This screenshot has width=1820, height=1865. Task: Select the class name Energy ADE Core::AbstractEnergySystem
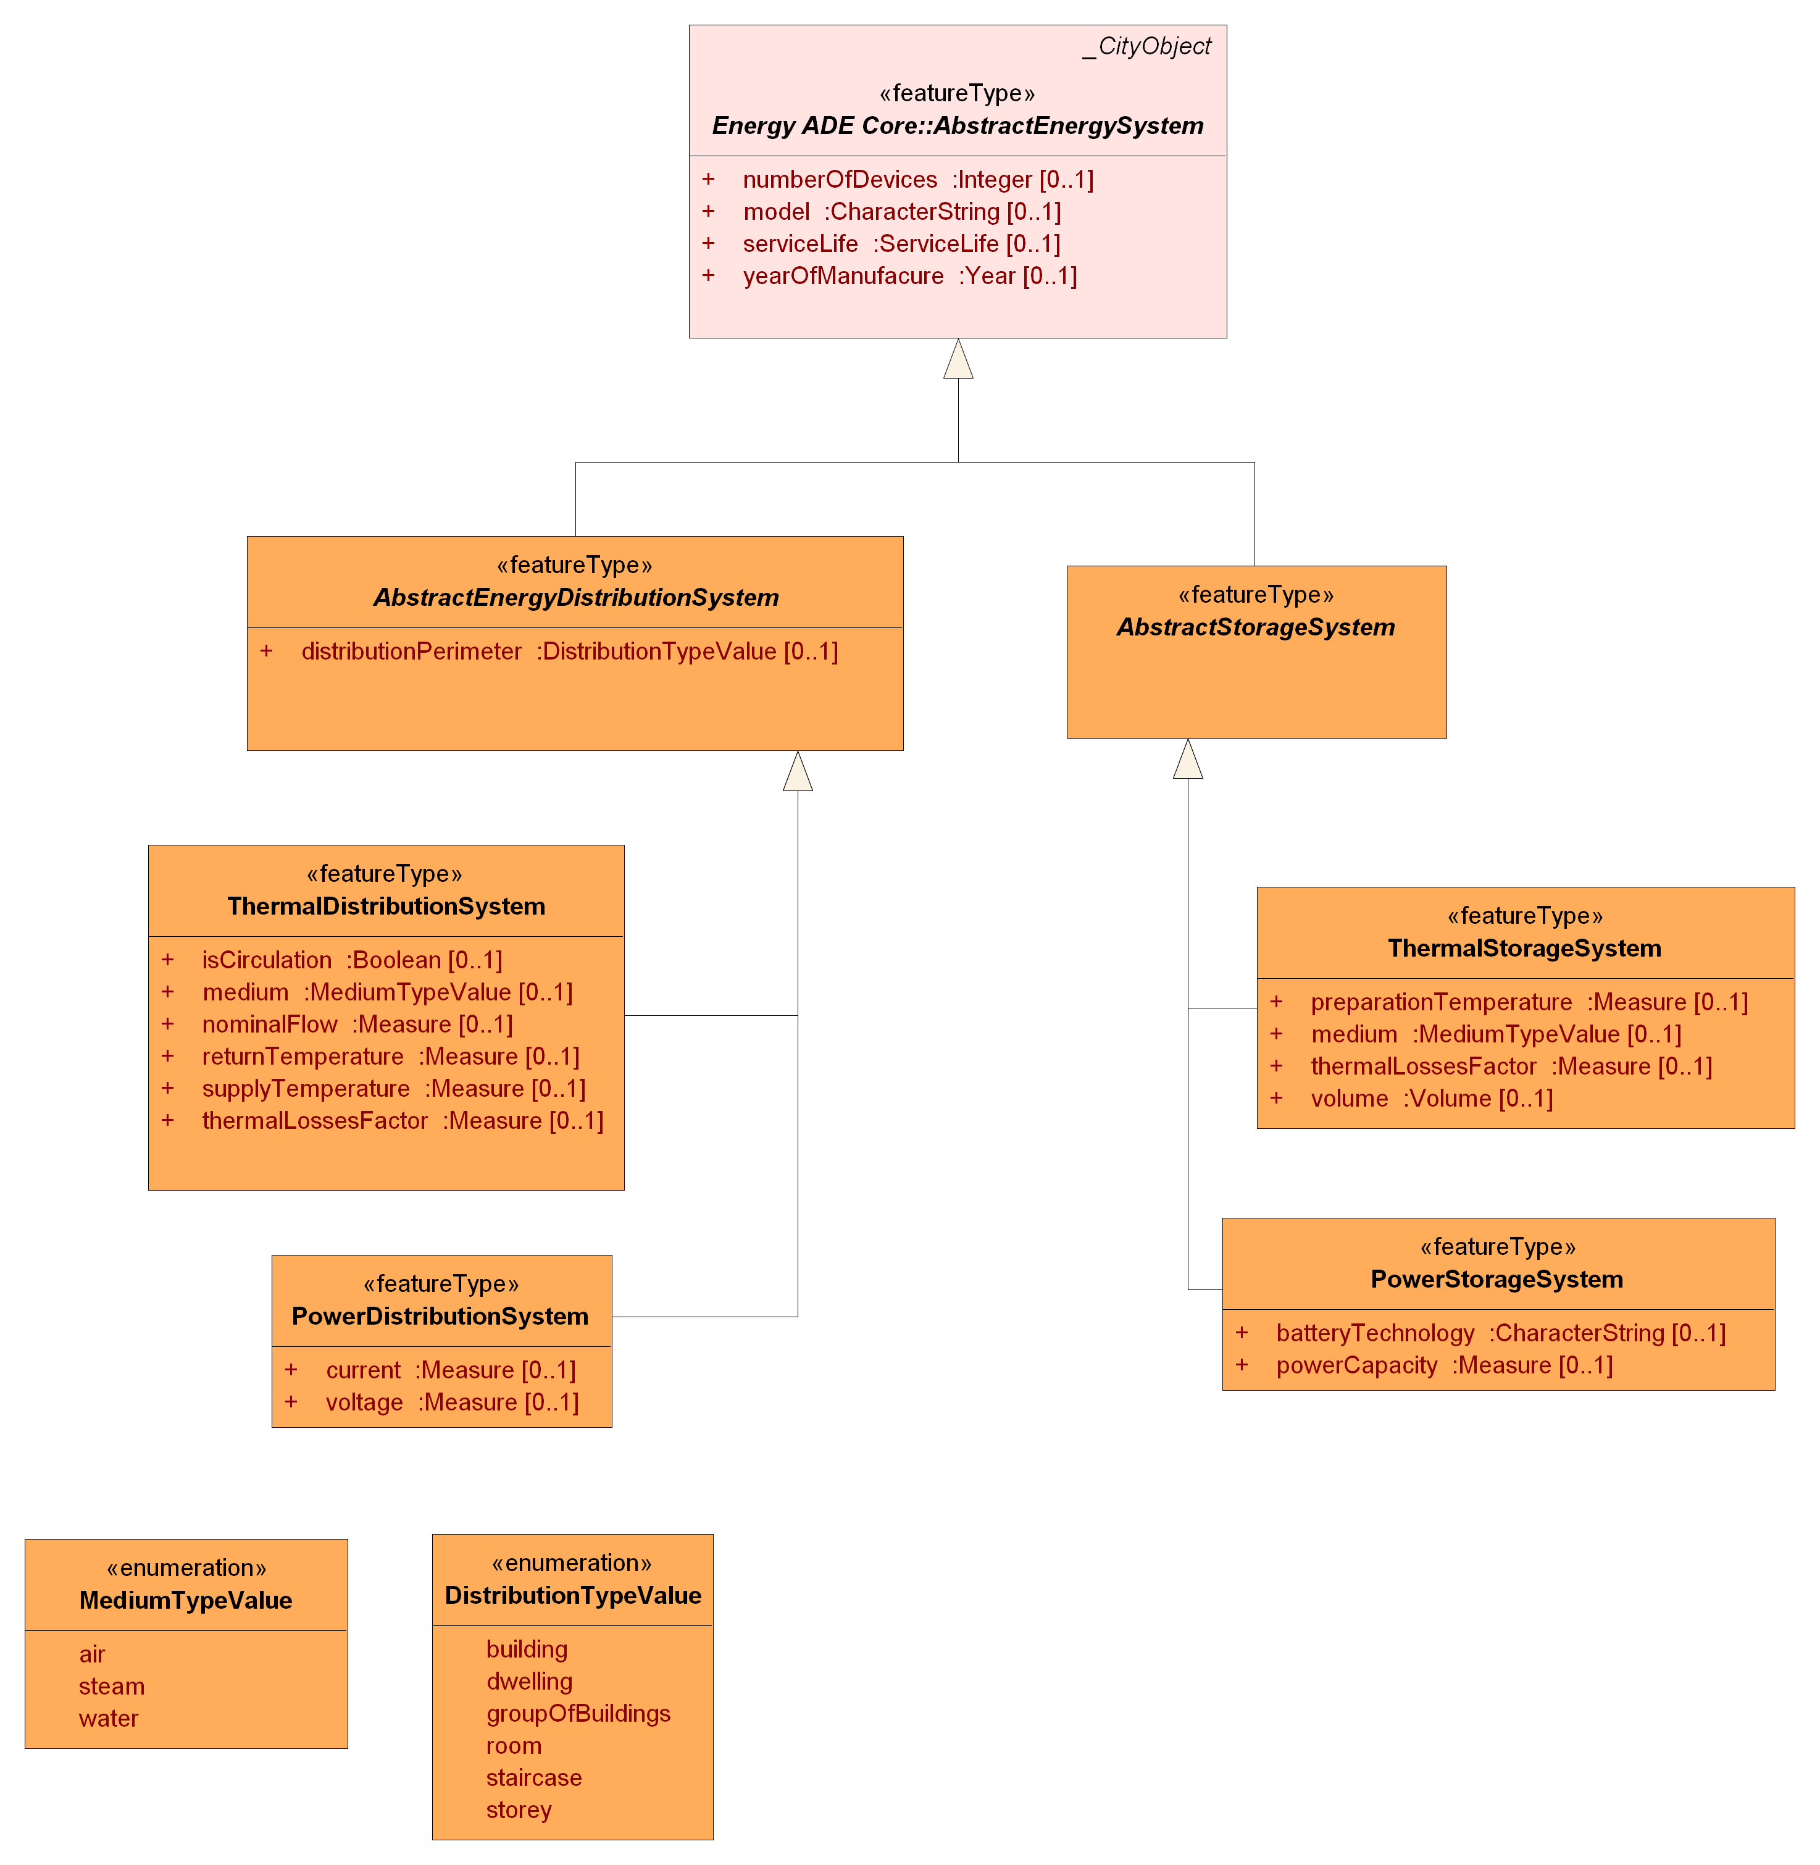click(957, 125)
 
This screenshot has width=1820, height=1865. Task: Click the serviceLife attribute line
click(901, 244)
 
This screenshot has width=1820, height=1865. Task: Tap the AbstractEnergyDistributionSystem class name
click(575, 597)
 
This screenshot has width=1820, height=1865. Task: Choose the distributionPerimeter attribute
click(569, 651)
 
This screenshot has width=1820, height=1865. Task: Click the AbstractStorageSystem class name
click(1255, 627)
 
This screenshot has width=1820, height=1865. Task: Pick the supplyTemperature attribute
click(393, 1089)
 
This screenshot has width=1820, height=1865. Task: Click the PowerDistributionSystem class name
click(440, 1316)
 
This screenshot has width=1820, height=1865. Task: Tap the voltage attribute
click(451, 1402)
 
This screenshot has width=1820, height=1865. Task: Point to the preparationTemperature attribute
click(1529, 1002)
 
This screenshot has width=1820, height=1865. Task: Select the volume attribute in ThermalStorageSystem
click(1431, 1099)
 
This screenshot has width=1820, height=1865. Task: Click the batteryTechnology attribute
click(1500, 1333)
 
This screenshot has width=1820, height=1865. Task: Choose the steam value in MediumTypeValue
click(111, 1687)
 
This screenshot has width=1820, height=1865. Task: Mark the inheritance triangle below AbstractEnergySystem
click(958, 361)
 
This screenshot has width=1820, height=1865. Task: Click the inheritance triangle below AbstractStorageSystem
click(1187, 760)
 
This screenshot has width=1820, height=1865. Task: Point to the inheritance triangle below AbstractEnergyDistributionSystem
click(797, 773)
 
